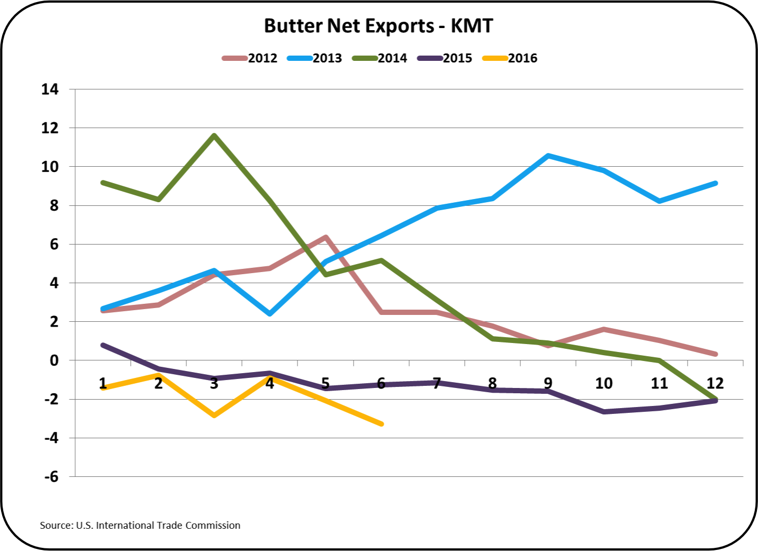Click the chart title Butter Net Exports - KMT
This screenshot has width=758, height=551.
(378, 25)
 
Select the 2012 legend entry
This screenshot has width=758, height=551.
(250, 58)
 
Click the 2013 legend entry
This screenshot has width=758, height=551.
(315, 58)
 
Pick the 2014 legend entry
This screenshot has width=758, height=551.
(380, 58)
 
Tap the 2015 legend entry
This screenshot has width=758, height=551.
(445, 58)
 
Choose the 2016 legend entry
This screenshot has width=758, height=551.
(510, 58)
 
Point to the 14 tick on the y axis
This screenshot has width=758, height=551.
(50, 89)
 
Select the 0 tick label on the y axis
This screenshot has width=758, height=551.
(54, 360)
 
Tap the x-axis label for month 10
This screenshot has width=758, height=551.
(603, 383)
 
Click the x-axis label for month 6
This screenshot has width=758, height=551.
(381, 383)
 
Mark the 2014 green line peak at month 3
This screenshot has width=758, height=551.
(214, 136)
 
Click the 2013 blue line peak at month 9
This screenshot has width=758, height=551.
(548, 156)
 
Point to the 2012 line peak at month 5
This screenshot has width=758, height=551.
(326, 237)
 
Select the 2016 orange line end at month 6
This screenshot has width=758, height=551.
(381, 424)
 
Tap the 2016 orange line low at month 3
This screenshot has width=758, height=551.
(214, 415)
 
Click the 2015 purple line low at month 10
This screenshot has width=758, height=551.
(604, 411)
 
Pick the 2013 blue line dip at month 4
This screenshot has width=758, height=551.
(269, 314)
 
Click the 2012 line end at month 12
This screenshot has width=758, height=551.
(715, 354)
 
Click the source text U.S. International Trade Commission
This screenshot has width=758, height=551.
(140, 525)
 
